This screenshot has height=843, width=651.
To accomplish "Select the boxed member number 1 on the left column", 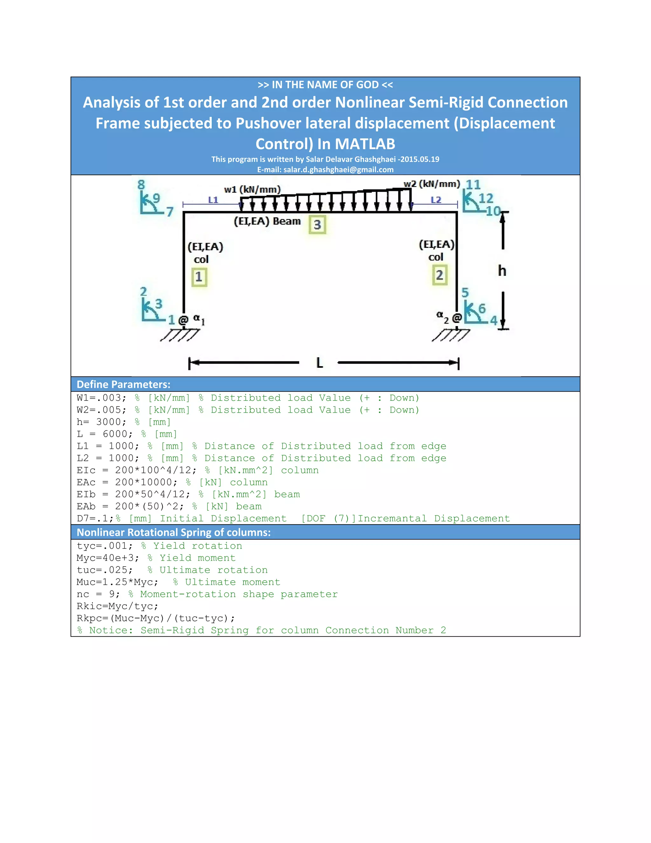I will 199,277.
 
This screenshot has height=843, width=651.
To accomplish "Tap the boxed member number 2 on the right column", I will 439,275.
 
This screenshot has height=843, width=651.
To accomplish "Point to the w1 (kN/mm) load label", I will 252,190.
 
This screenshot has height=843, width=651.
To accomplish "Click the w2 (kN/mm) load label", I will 432,184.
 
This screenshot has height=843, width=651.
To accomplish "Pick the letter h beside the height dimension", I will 502,271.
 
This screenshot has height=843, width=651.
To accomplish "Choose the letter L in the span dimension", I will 319,363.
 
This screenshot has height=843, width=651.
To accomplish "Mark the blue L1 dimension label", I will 213,200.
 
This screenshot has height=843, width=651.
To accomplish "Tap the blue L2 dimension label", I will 436,200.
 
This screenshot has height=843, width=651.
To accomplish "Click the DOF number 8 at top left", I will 141,185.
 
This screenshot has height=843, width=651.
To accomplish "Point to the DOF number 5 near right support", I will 465,293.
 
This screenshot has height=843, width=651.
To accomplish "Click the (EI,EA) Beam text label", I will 267,221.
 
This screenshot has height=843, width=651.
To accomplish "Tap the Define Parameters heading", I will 123,385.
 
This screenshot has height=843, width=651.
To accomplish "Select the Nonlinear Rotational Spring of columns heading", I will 174,532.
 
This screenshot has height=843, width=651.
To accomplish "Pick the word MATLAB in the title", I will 365,144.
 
